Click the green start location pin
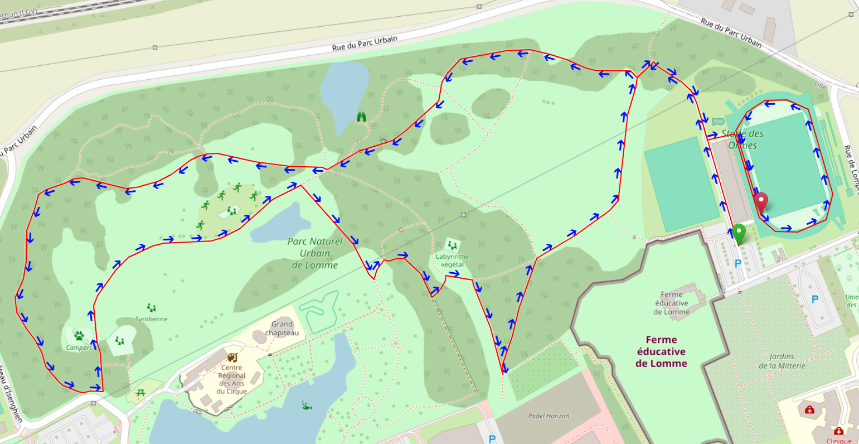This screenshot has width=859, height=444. point(739,233)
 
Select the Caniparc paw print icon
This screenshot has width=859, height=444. point(79,336)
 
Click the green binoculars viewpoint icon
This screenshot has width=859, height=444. point(362,117)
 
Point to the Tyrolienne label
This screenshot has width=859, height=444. point(151,319)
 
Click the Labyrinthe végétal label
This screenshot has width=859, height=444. point(452,260)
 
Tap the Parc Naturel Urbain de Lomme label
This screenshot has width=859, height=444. point(315,253)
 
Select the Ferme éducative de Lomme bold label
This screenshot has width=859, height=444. point(662,351)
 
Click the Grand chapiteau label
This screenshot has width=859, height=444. point(282,329)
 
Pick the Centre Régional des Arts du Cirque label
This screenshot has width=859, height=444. point(232,379)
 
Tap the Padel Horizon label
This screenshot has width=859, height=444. point(549,416)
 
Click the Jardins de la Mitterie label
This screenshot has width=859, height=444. point(782,361)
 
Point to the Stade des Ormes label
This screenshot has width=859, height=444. point(742,139)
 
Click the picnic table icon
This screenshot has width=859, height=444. point(140,393)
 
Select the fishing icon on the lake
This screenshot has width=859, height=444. point(306,405)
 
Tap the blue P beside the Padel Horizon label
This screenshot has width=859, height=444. point(492,439)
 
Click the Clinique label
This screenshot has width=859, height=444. point(838,441)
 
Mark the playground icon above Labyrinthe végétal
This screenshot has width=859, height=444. point(452,245)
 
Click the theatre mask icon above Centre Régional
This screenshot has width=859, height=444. point(232,357)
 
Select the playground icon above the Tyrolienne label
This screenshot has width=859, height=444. point(151,307)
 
